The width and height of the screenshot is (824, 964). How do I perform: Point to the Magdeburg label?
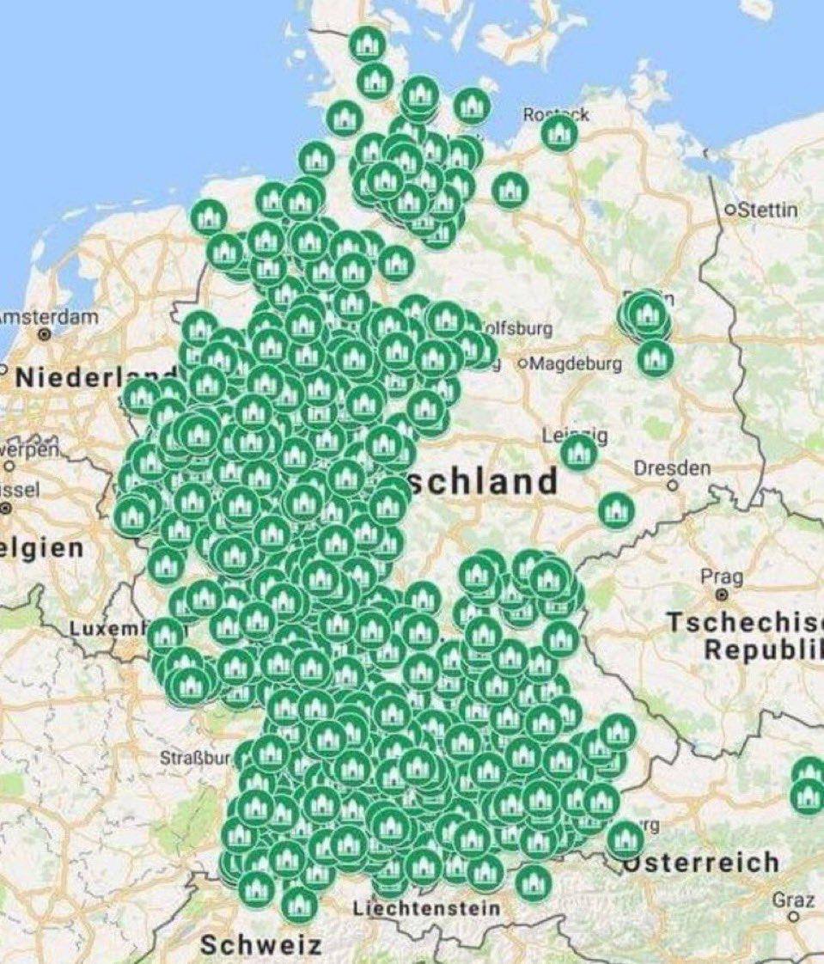coord(574,363)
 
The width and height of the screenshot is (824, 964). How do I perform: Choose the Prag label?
coord(721,576)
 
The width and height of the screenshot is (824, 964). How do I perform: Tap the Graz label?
coord(793,900)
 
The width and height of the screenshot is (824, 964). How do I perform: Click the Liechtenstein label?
coord(426,907)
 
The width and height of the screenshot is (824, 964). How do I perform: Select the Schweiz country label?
coord(260,945)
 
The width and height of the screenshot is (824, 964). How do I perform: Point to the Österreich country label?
coord(699,862)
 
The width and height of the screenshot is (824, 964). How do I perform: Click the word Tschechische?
coord(744,622)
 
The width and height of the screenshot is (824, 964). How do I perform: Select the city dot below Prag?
coord(722,593)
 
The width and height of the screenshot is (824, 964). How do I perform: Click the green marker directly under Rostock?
coord(559,134)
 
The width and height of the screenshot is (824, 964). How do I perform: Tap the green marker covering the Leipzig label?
coord(579,452)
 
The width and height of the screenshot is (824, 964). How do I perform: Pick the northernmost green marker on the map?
coord(368,42)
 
